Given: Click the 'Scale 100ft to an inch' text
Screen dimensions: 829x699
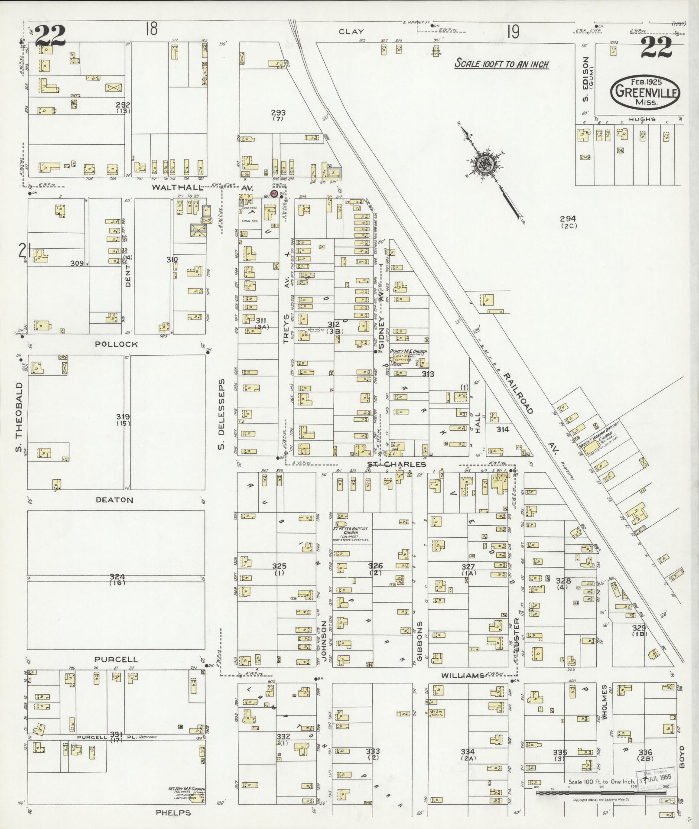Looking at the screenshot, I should (501, 64).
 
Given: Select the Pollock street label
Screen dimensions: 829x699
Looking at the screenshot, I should (116, 344).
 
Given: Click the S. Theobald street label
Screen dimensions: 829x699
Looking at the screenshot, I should (19, 416).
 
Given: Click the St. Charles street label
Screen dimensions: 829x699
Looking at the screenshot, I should (396, 465).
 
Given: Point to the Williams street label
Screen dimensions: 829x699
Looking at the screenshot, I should (462, 688).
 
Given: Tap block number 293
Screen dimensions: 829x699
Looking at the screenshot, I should (278, 113).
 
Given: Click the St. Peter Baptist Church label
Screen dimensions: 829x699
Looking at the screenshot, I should (351, 530).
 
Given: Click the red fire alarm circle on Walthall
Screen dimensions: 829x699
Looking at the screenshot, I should (274, 194).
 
